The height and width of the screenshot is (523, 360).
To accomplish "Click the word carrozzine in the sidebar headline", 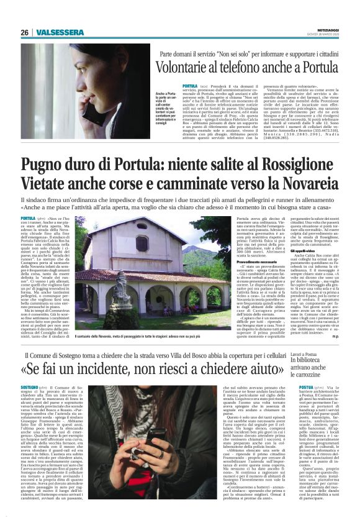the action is pyautogui.click(x=304, y=375).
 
